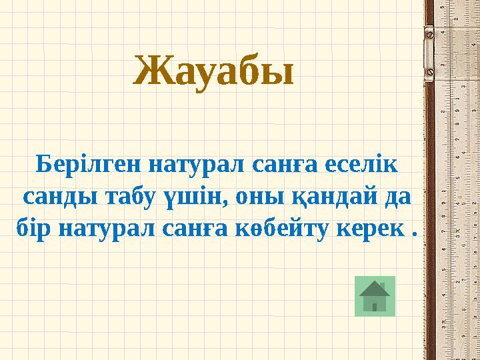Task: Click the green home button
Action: coord(375,295)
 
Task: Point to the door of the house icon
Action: coord(375,307)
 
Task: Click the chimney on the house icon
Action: coord(383,286)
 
